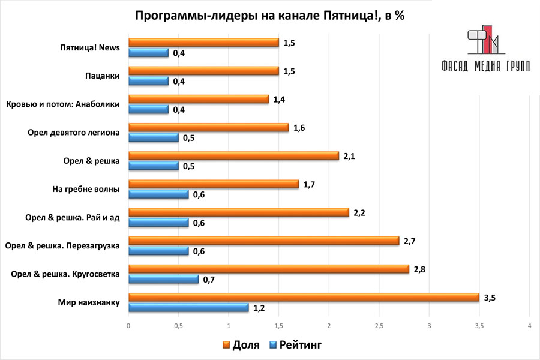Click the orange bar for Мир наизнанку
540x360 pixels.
pyautogui.click(x=304, y=297)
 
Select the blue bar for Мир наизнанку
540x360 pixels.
pyautogui.click(x=188, y=308)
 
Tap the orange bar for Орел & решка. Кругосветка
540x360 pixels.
pyautogui.click(x=268, y=269)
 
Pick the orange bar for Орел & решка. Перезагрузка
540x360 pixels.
pyautogui.click(x=263, y=241)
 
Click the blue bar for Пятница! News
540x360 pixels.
pyautogui.click(x=148, y=53)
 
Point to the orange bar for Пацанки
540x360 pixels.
pyautogui.click(x=203, y=71)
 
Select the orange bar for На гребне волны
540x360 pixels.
pyautogui.click(x=213, y=184)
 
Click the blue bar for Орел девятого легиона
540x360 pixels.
pyautogui.click(x=154, y=138)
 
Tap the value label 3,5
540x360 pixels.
pyautogui.click(x=490, y=297)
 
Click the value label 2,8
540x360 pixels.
pyautogui.click(x=419, y=269)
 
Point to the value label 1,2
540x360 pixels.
pyautogui.click(x=259, y=308)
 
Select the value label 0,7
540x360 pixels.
pyautogui.click(x=209, y=280)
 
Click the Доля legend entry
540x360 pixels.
pyautogui.click(x=241, y=344)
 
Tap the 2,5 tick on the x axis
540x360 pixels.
pyautogui.click(x=379, y=326)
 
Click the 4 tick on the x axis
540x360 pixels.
pyautogui.click(x=529, y=326)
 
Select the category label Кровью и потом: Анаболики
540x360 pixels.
pyautogui.click(x=62, y=104)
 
